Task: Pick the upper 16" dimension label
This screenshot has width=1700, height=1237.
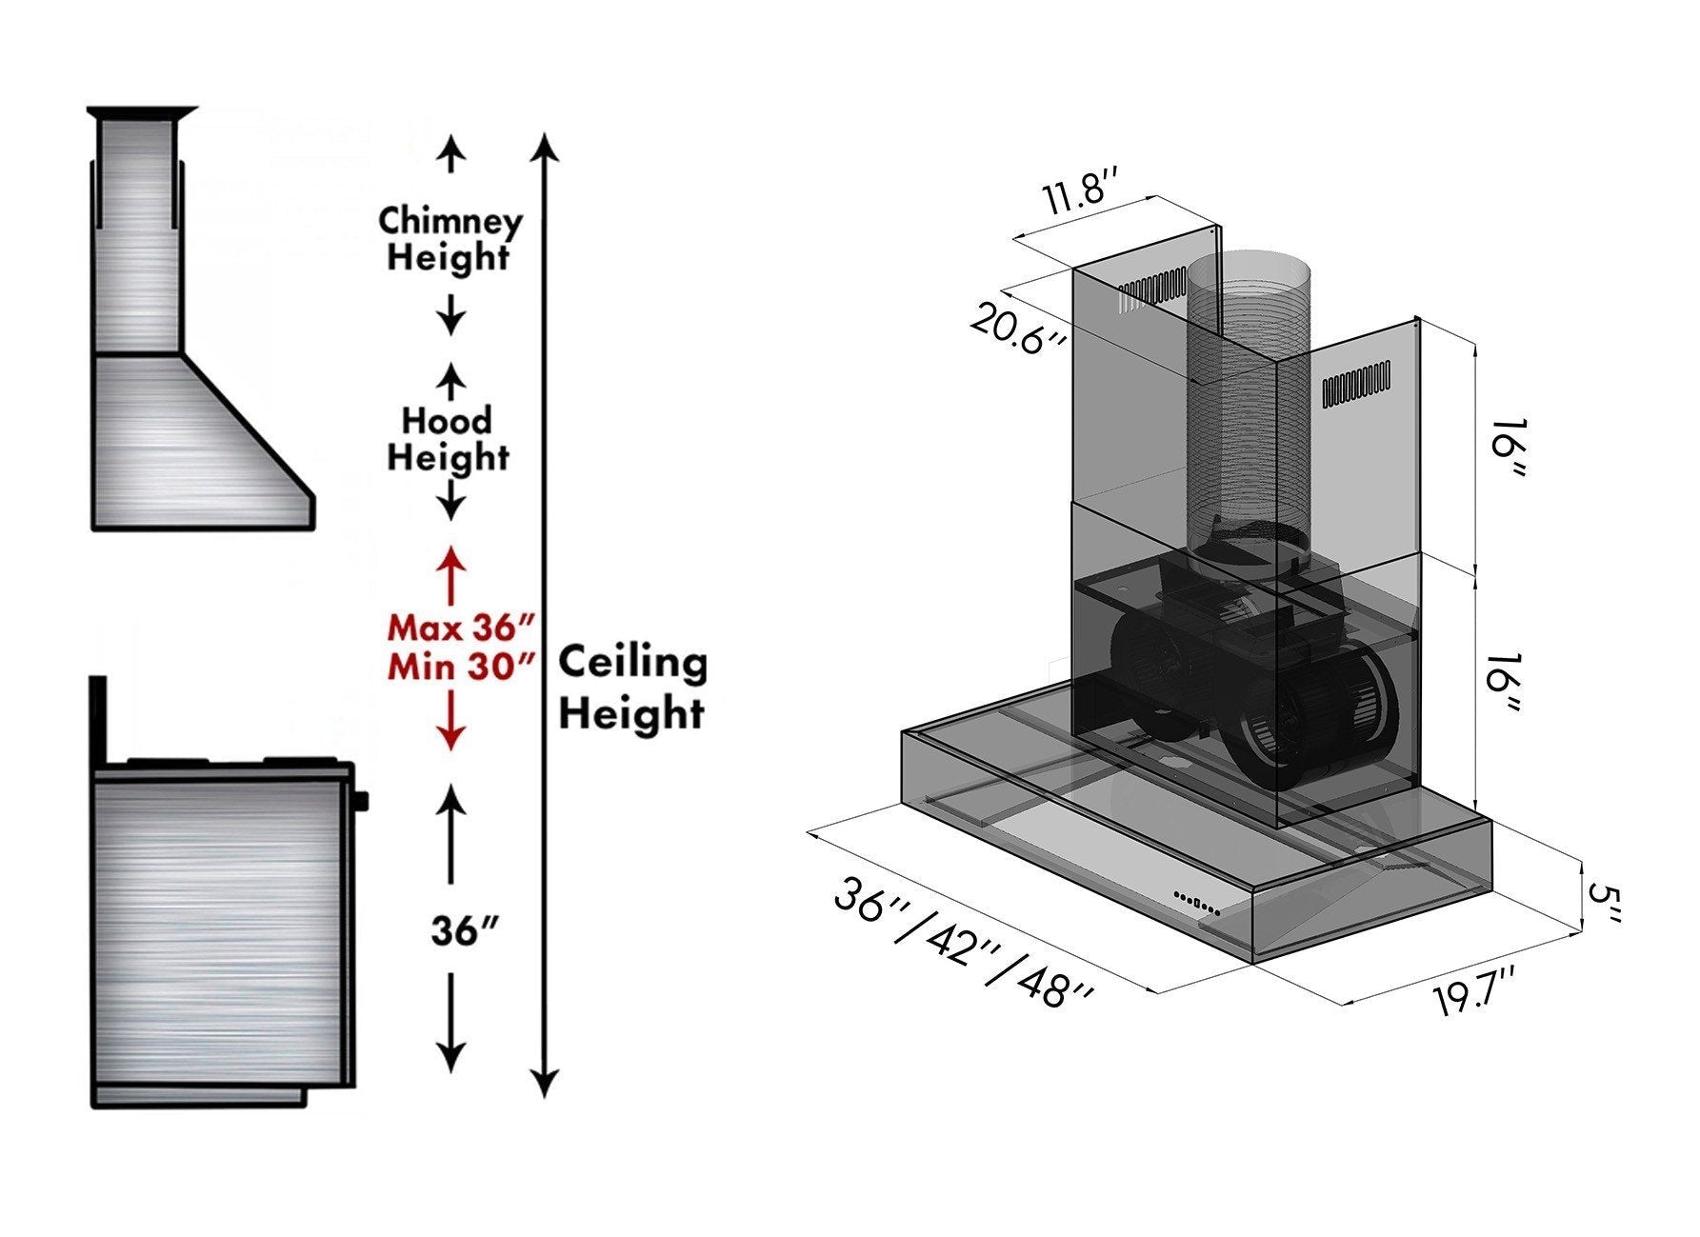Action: coord(1505,449)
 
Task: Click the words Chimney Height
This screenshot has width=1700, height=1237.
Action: coord(450,238)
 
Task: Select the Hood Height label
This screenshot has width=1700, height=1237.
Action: coord(448,438)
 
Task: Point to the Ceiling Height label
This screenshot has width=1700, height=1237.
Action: coord(631,688)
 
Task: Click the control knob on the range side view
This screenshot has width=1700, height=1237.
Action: coord(361,801)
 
